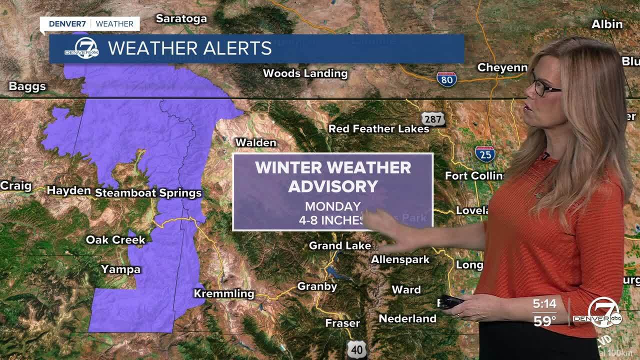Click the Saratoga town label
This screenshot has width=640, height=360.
coord(181,19)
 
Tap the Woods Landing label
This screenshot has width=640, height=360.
coord(305,73)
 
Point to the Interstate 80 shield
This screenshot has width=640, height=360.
coord(446,79)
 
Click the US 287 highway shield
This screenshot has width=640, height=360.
coord(432,119)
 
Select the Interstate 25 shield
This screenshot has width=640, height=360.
coord(485,153)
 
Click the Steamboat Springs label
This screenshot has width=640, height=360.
coord(148,193)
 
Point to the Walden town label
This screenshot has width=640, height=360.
coord(255,142)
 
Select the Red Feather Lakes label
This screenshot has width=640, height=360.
coord(378,129)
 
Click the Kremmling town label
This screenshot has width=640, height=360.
coord(224,293)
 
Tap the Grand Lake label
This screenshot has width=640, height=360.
coord(340,245)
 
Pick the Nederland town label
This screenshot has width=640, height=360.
coord(407,318)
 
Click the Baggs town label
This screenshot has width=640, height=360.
coord(27,86)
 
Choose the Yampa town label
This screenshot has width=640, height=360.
coord(120,269)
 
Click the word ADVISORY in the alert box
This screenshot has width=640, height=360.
coord(333,186)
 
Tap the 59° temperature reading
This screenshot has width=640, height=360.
coord(544,320)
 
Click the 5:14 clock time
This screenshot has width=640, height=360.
coord(544,303)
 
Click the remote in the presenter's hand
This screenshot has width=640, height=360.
coord(450,301)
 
